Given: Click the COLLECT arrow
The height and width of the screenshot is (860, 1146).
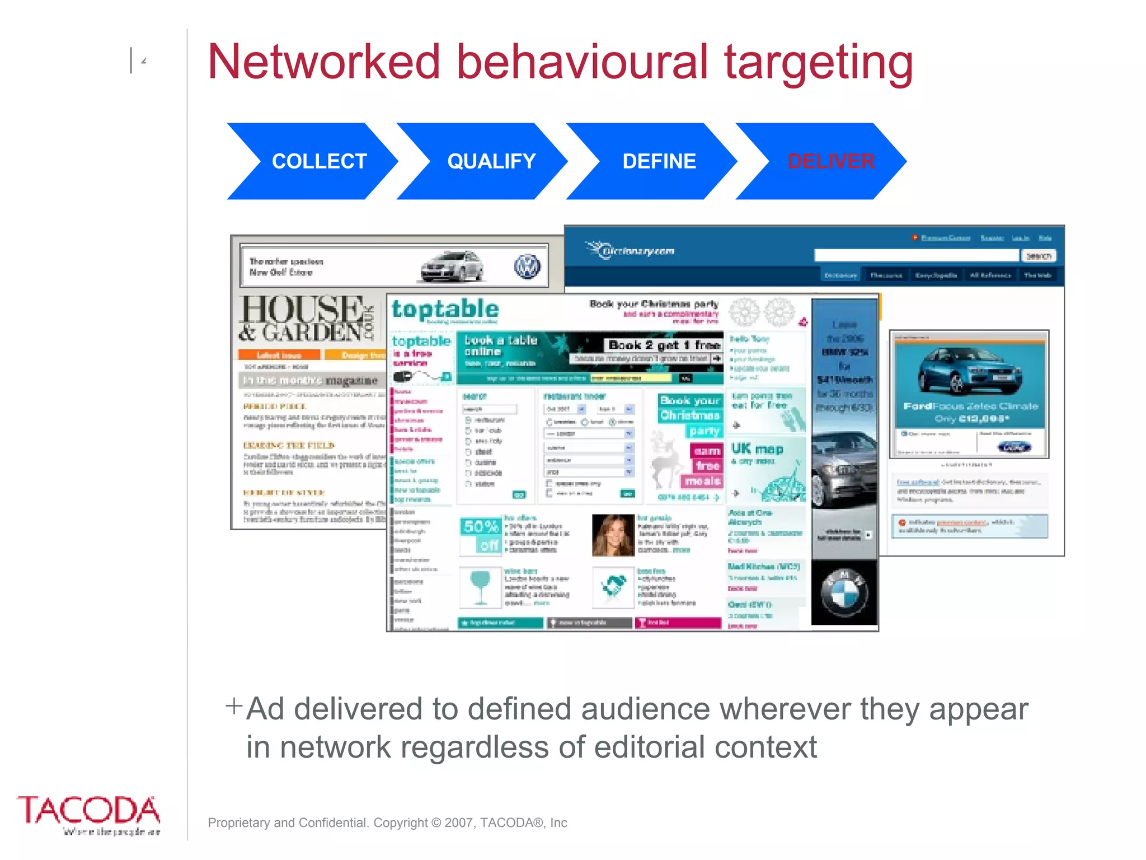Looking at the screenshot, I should click(x=313, y=161).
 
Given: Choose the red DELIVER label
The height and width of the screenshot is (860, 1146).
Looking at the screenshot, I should click(x=831, y=161).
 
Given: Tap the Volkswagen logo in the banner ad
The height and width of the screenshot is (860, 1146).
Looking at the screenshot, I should click(x=527, y=267).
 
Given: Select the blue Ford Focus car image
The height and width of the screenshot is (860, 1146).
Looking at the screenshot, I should click(x=969, y=370).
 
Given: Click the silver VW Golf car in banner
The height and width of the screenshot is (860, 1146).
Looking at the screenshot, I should click(x=452, y=266).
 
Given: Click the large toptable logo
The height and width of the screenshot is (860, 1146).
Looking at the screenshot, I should click(x=445, y=310).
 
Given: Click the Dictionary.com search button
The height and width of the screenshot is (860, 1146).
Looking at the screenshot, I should click(x=1039, y=256).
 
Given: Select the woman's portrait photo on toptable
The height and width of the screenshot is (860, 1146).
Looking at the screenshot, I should click(x=613, y=535).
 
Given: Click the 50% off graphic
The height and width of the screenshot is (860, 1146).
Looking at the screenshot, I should click(x=481, y=535).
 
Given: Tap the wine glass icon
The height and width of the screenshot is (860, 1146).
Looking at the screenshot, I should click(x=480, y=586).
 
